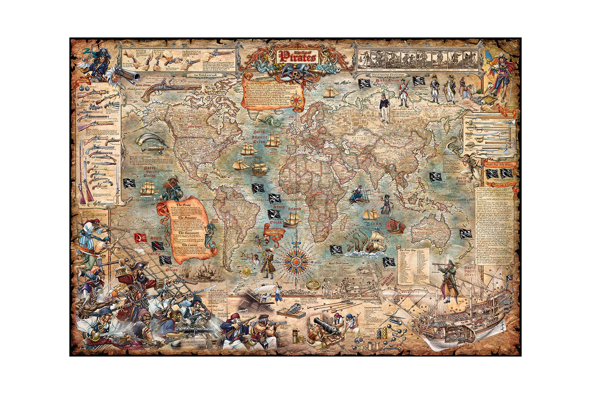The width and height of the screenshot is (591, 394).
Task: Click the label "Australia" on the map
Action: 420,233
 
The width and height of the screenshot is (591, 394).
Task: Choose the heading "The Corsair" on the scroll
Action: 190,245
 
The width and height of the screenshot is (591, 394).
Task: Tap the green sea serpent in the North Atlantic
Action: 271,120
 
